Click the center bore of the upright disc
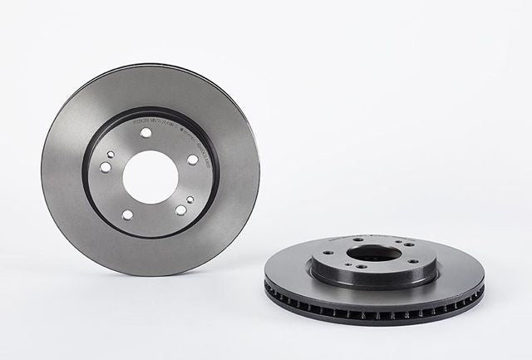(x=150, y=176)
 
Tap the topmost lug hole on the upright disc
(x=145, y=132)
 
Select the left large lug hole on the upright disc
(x=106, y=167)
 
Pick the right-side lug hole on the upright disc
(x=193, y=159)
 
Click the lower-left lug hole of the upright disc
(x=127, y=215)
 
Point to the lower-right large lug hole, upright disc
(x=181, y=210)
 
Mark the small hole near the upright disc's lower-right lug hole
(x=190, y=200)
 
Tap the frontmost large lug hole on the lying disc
(x=362, y=267)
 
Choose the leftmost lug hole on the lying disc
(x=328, y=253)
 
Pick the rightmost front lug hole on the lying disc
(x=413, y=261)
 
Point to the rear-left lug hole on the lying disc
(x=358, y=239)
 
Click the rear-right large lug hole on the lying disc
(x=409, y=244)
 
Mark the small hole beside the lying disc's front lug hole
(x=348, y=264)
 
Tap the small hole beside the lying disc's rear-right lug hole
(x=398, y=241)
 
